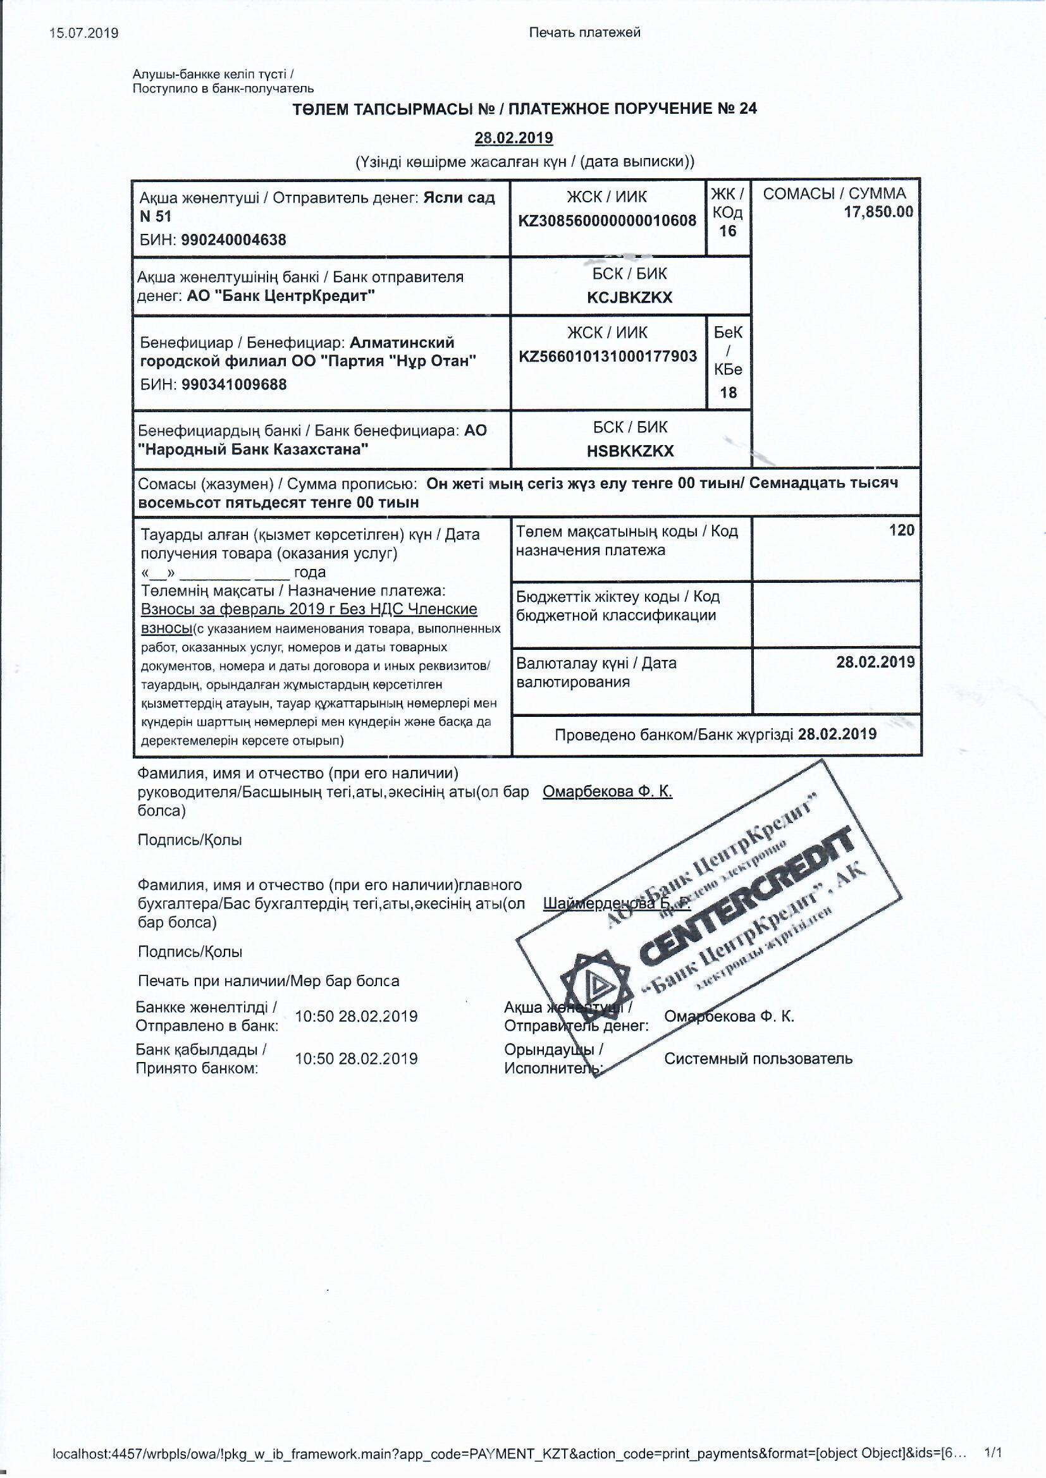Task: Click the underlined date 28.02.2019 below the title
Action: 514,138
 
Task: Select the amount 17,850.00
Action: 878,212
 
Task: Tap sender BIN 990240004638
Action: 234,240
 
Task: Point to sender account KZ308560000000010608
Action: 607,221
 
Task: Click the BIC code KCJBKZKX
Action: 629,297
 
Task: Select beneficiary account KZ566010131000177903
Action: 607,356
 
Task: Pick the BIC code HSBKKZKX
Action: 630,451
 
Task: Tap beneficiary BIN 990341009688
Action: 235,384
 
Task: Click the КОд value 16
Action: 728,231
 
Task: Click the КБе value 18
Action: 728,392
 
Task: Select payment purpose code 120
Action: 901,530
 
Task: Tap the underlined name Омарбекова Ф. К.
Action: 607,791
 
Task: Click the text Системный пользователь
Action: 758,1058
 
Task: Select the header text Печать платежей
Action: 584,32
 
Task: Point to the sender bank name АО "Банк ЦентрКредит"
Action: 281,296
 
